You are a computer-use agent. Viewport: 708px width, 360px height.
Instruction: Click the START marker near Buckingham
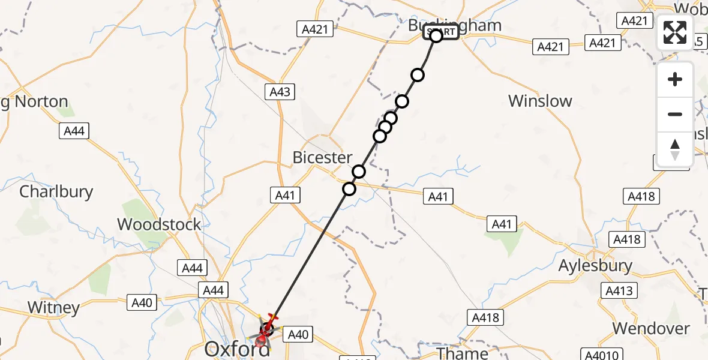(441, 32)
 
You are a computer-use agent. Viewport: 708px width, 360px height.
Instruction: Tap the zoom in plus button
(675, 80)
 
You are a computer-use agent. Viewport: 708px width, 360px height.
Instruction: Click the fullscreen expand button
(675, 32)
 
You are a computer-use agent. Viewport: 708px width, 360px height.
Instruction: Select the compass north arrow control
(675, 149)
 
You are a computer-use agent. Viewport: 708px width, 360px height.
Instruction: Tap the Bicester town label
(322, 157)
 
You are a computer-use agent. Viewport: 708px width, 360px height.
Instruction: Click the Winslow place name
(540, 101)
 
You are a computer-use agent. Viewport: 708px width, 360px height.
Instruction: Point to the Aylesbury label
(595, 265)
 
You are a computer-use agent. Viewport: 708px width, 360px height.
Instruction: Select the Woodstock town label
(159, 224)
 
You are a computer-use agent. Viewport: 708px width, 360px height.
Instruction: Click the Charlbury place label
(56, 192)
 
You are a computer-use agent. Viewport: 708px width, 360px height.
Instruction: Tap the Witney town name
(53, 308)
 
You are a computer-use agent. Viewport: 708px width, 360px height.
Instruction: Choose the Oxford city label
(238, 349)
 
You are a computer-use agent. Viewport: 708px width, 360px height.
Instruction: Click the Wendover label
(651, 328)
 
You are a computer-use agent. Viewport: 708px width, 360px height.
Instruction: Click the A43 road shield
(280, 92)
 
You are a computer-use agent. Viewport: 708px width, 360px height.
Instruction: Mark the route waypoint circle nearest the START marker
(418, 75)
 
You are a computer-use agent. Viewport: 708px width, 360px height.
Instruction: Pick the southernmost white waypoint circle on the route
(349, 189)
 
